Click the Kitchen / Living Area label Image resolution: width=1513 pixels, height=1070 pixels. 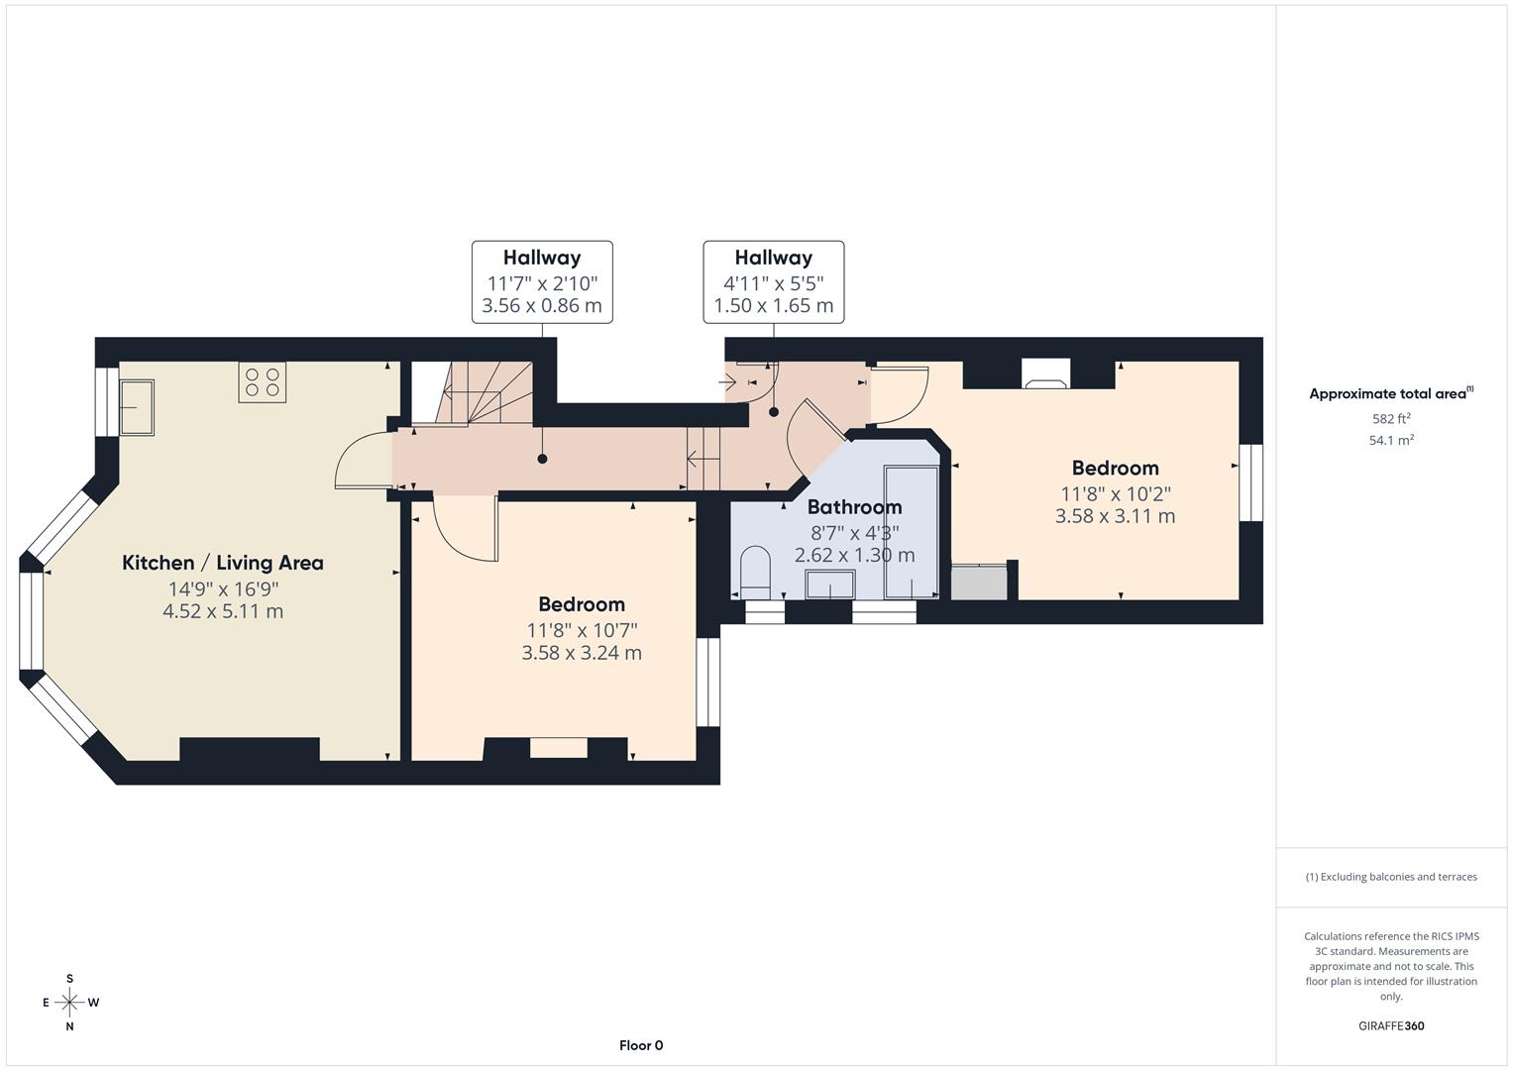222,563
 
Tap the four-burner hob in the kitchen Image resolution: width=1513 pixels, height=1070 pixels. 263,382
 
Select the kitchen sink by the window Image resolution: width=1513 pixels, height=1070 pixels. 136,407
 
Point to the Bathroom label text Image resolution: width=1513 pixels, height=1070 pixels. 854,507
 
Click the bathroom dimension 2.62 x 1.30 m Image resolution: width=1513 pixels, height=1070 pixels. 854,555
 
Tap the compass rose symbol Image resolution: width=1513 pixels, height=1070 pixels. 69,1003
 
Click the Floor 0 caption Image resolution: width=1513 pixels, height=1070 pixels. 641,1045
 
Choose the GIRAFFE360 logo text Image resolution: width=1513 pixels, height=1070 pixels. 1391,1025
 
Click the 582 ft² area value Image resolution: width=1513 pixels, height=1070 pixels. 1391,418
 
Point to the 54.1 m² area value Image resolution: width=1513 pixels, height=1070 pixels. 1391,440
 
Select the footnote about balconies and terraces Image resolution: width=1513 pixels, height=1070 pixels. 1391,877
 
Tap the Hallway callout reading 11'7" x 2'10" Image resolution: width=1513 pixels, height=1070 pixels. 542,282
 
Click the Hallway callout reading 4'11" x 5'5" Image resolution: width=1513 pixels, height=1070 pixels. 774,282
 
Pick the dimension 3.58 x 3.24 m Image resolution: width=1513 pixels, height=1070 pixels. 582,653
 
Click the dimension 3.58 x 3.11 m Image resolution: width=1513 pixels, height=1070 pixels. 1115,516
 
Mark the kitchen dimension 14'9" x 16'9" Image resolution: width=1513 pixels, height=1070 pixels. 222,588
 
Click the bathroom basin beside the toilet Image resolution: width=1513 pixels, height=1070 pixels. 830,585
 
